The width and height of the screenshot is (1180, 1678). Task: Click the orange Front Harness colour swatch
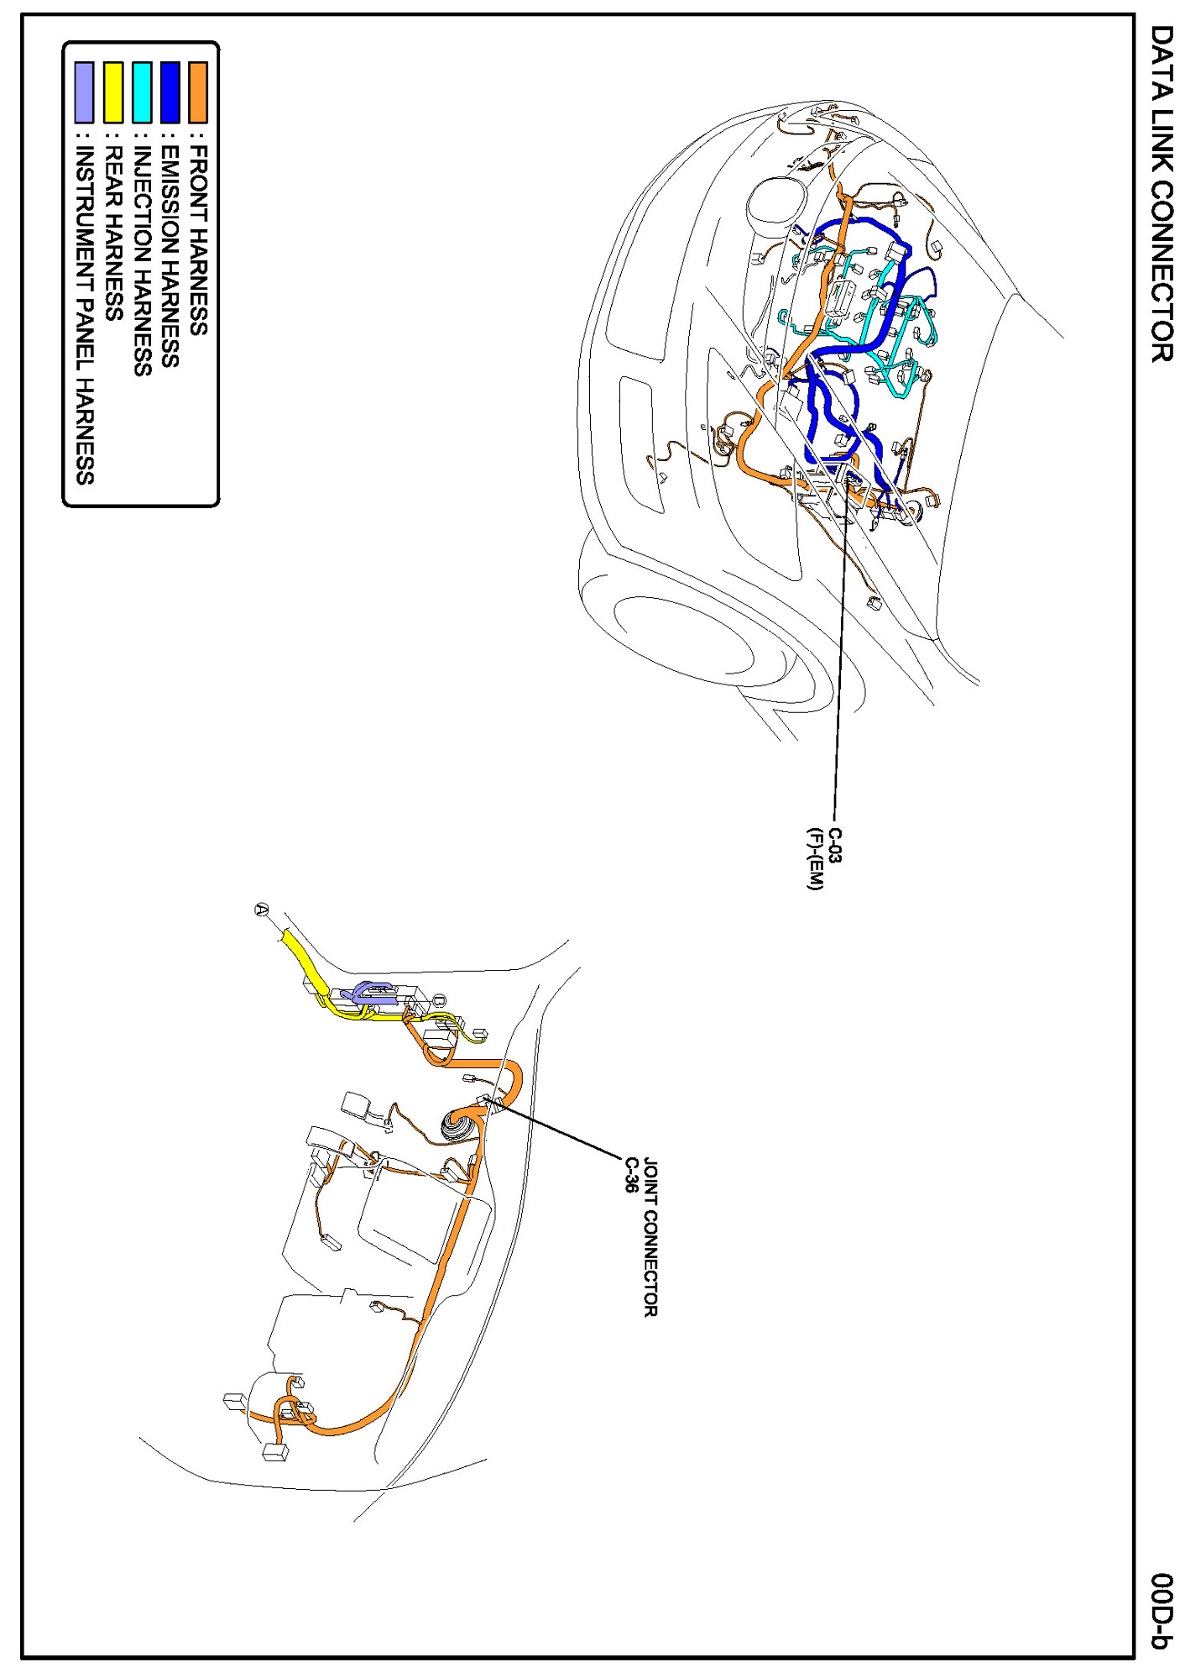pos(198,92)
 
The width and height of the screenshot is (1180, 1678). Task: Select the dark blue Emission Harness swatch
pos(170,92)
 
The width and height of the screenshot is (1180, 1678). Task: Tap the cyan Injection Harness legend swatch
pos(141,92)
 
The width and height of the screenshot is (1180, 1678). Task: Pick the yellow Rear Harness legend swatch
pos(112,92)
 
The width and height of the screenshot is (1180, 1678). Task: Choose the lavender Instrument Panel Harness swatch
pos(84,92)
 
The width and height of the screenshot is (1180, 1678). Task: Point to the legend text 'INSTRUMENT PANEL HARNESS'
pos(84,316)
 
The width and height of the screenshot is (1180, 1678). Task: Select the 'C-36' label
pos(630,1174)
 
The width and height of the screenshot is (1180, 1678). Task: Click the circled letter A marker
pos(262,910)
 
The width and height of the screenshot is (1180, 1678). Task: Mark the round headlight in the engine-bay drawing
pos(775,206)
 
